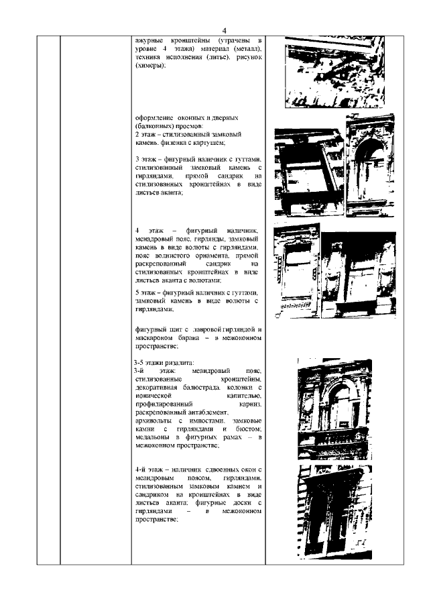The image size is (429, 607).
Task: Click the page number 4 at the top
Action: point(225,30)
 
